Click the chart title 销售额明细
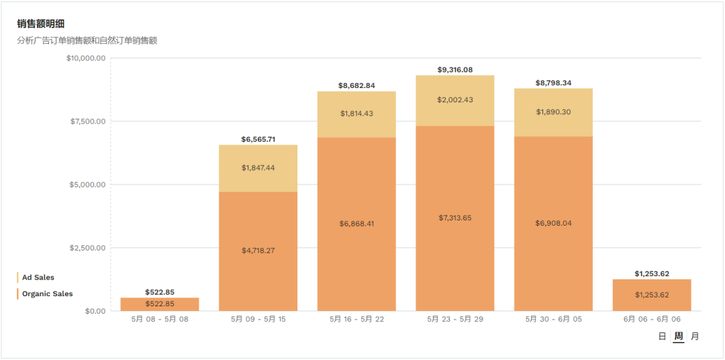pos(41,24)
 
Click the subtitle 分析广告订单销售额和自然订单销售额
pos(87,40)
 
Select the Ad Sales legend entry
pos(38,277)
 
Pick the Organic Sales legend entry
pos(47,294)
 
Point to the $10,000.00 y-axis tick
pos(86,58)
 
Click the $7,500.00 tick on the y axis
pos(88,122)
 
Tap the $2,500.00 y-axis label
pos(88,248)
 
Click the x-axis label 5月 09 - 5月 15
pos(258,319)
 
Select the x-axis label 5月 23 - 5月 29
pos(454,319)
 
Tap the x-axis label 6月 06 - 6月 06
pos(652,319)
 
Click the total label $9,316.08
pos(454,70)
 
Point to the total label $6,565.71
pos(258,140)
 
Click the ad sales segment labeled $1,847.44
pos(258,168)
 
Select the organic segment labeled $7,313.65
pos(454,218)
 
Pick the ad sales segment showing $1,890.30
pos(553,112)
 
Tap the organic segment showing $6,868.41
pos(356,224)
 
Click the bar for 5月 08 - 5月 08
pos(160,304)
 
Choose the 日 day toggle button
pos(662,336)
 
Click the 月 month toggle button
pos(695,336)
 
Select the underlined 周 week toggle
pos(679,336)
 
